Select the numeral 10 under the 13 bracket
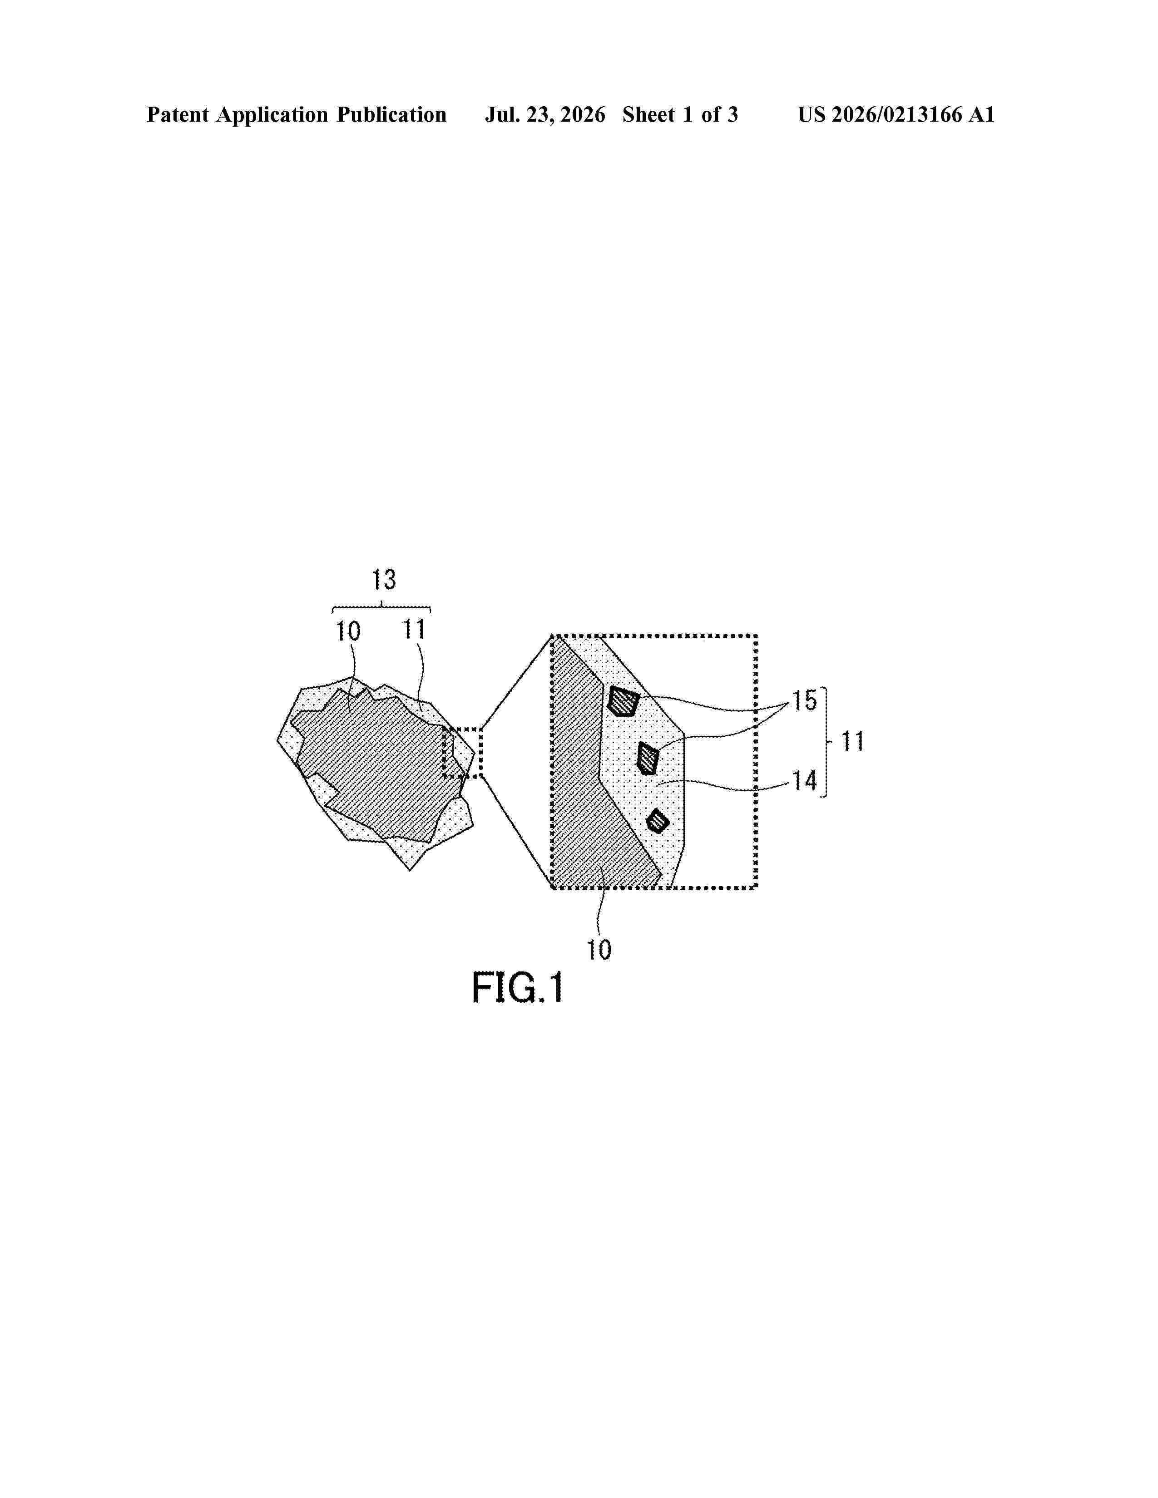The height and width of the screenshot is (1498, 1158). [348, 631]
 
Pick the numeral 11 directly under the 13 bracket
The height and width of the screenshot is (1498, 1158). [414, 629]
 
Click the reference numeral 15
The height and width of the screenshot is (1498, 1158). [805, 701]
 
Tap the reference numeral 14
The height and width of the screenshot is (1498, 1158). [805, 781]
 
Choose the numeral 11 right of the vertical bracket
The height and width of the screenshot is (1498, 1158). [852, 741]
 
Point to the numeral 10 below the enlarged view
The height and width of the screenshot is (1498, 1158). [598, 950]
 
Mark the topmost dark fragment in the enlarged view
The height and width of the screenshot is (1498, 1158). [623, 701]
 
